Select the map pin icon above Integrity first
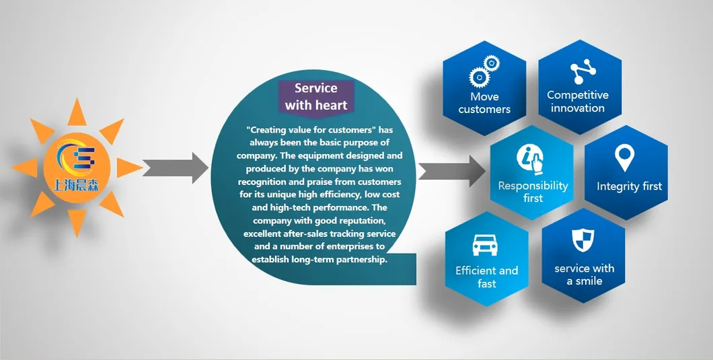click(626, 159)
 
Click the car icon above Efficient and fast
click(485, 245)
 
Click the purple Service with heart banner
click(315, 96)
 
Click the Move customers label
click(484, 103)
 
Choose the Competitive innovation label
click(577, 102)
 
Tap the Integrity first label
click(629, 186)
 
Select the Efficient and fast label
click(486, 277)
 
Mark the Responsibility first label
click(533, 192)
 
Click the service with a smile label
click(584, 275)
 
